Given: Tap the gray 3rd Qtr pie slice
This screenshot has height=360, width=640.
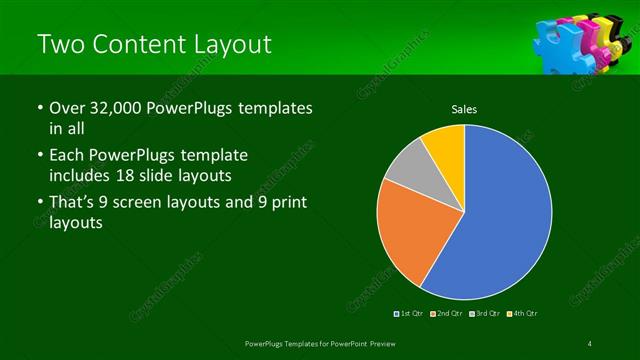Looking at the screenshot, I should coord(408,180).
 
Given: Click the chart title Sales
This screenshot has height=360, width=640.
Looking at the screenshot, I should coord(464,109).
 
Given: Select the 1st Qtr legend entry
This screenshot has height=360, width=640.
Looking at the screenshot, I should coord(410,314).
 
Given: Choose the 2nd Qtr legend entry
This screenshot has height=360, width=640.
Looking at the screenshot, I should coord(446,314).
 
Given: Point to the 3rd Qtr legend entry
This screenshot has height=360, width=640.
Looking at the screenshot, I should coord(484,314).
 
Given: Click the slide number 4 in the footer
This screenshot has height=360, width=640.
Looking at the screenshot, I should coord(590,344).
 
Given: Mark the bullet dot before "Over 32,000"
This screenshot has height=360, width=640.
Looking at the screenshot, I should coord(39,109).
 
